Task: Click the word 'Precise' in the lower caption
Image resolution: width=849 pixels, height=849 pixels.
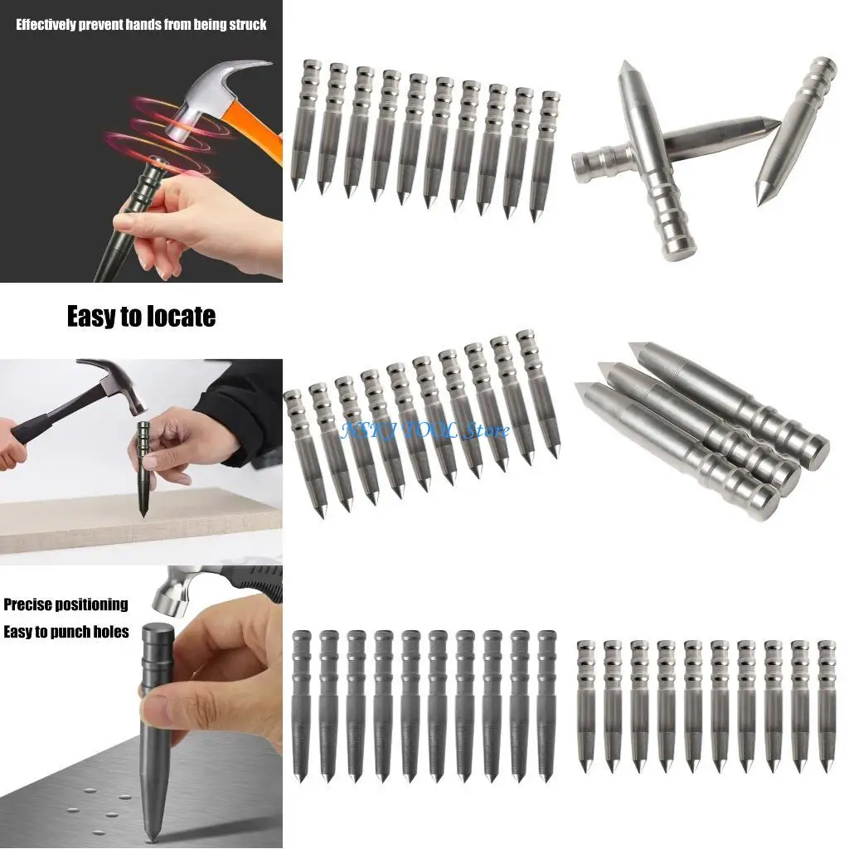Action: click(32, 604)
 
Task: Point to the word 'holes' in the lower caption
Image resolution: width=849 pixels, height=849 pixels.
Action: click(109, 632)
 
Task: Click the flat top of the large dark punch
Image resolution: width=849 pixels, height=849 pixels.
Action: click(158, 630)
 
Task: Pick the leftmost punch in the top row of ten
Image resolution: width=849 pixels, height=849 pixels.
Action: click(307, 124)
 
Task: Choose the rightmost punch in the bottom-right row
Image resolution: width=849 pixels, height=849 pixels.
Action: click(826, 705)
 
